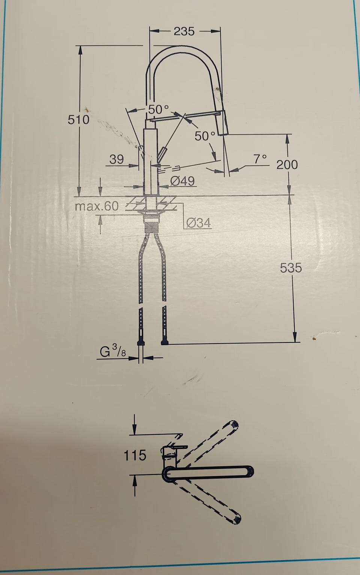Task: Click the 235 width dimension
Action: [x=184, y=31]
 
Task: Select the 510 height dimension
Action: [x=78, y=120]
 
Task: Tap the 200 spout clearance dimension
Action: [x=287, y=165]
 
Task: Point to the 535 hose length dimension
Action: [x=291, y=268]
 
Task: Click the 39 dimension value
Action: [x=117, y=159]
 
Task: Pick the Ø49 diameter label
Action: [x=183, y=181]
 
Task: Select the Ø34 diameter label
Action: [x=199, y=223]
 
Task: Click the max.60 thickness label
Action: [x=97, y=206]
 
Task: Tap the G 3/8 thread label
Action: [x=113, y=351]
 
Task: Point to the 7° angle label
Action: [x=260, y=159]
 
